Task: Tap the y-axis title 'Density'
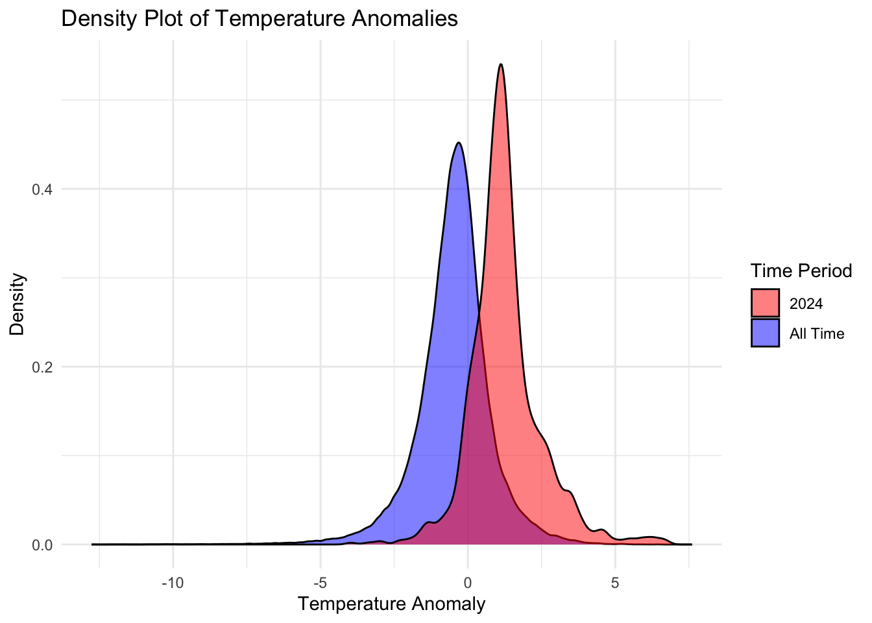tap(18, 304)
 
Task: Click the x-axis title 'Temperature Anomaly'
tap(391, 604)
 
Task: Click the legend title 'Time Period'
tap(801, 271)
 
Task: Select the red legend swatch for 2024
tap(765, 303)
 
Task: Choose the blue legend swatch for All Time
tap(765, 333)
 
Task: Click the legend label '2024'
tap(806, 304)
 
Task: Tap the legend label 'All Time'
tap(817, 334)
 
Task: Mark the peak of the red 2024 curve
tap(501, 64)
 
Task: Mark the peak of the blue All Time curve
tap(459, 143)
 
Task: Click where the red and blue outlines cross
tap(479, 315)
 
